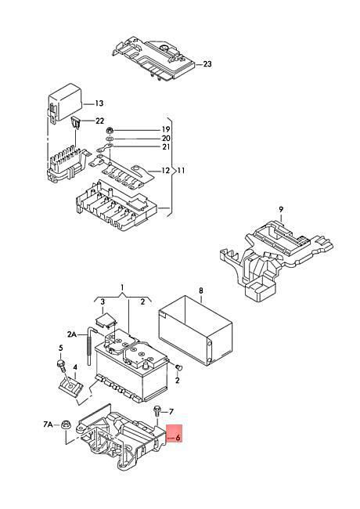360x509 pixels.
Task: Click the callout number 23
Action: click(x=207, y=64)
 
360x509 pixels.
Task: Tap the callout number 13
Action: click(x=99, y=103)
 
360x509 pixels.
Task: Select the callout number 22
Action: click(x=99, y=121)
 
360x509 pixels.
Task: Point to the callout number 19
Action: click(x=166, y=129)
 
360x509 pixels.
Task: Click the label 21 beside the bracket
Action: click(x=166, y=147)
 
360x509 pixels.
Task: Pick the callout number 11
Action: click(x=181, y=170)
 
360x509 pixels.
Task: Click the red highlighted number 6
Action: click(x=178, y=437)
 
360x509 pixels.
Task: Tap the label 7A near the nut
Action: click(x=48, y=424)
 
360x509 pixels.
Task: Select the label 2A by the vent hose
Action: click(x=72, y=334)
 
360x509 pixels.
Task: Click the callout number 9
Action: click(x=281, y=209)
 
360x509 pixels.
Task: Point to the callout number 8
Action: click(x=201, y=291)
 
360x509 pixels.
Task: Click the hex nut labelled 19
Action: click(x=110, y=131)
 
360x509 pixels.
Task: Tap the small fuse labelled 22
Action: click(x=76, y=123)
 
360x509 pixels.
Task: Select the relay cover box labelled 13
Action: click(x=65, y=102)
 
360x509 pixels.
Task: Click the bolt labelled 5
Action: click(x=61, y=366)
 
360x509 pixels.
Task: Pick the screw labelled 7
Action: click(x=157, y=411)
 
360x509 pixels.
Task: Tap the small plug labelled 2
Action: click(x=178, y=367)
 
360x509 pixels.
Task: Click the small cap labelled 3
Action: click(x=106, y=320)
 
